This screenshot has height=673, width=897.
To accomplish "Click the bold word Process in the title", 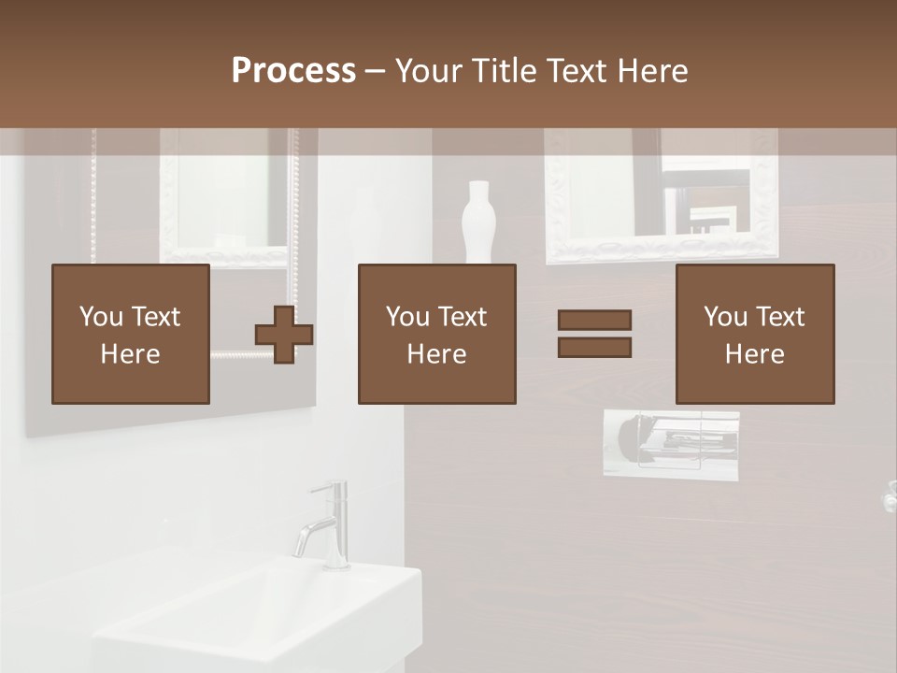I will click(293, 71).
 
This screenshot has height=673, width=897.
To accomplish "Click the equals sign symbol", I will click(594, 334).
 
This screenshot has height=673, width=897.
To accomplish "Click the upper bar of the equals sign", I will click(594, 320).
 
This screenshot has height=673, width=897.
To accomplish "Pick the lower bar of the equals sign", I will click(594, 348).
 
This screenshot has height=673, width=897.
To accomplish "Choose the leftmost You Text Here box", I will click(131, 334).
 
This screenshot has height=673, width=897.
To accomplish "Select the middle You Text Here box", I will click(436, 334).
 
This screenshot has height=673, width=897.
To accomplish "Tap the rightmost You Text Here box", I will click(755, 334).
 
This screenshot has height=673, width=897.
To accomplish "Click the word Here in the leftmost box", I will click(131, 354).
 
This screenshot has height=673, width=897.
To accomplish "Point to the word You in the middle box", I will click(407, 317).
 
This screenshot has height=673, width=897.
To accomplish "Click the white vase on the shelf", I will click(477, 222).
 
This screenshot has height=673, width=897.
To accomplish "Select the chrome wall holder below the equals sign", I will click(670, 444).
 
